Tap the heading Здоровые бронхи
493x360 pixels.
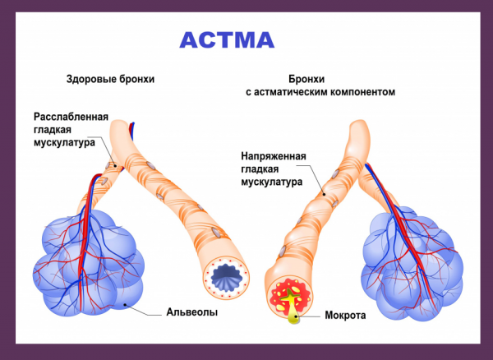[x=110, y=80]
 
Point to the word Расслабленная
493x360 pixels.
[x=71, y=117]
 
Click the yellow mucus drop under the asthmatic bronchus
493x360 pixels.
[x=293, y=318]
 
